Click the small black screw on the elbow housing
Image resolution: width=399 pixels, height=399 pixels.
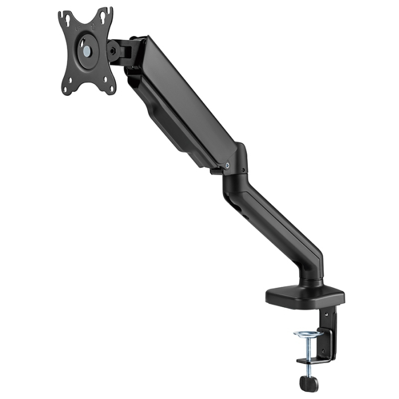click(245, 170)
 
